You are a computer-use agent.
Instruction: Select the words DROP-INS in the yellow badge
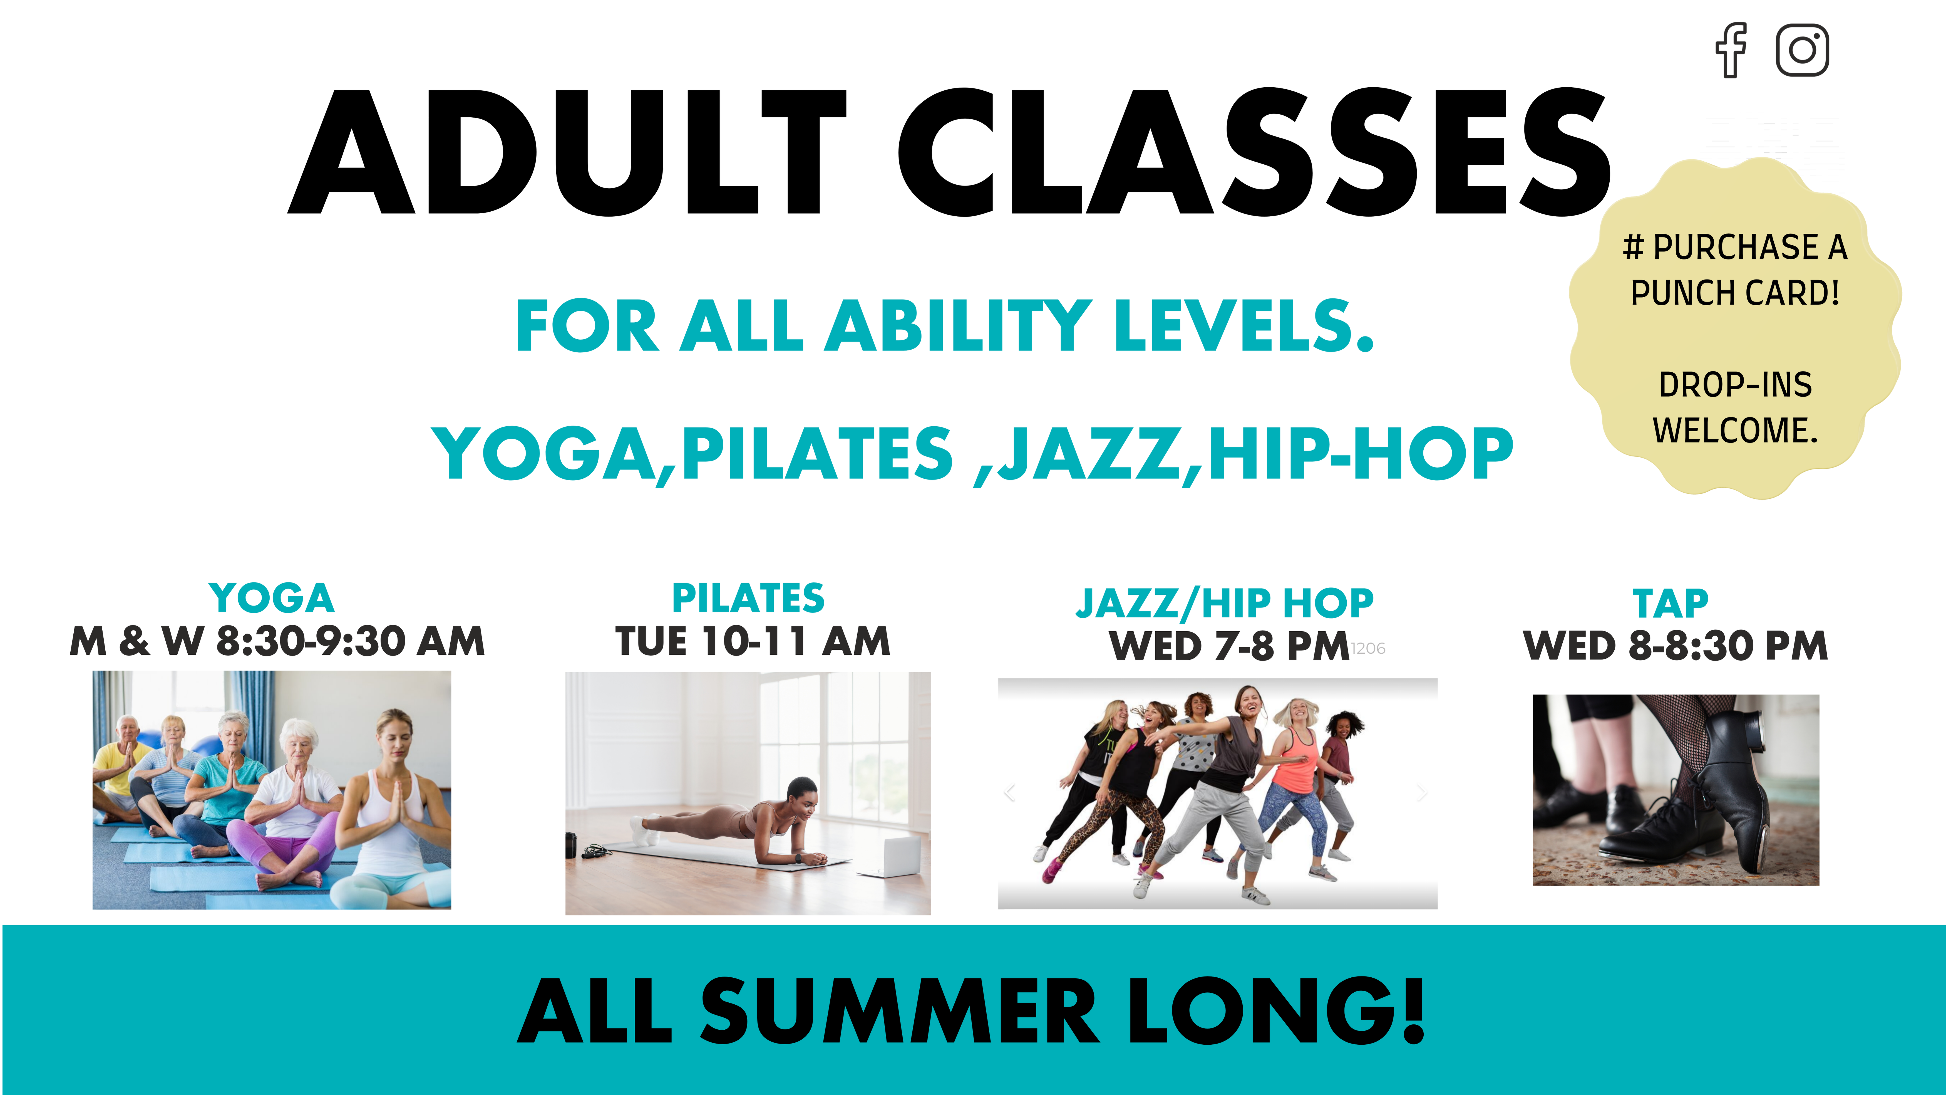point(1735,385)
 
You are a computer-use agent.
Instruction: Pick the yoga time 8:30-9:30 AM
point(351,642)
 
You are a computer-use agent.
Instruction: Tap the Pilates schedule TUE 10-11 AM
point(753,642)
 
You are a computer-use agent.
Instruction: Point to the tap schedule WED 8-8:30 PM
point(1676,646)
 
